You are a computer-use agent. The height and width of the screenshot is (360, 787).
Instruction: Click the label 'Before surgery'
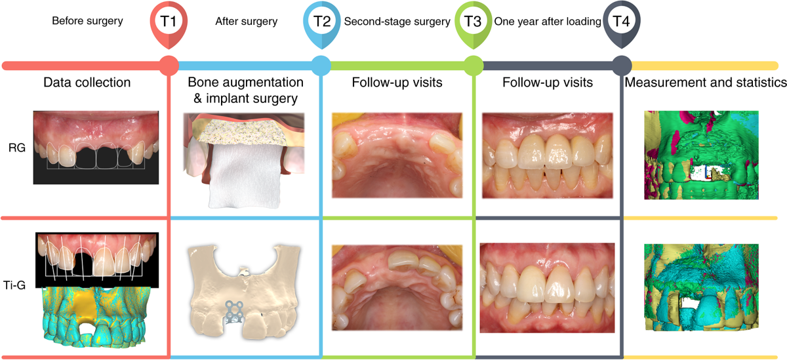(x=87, y=22)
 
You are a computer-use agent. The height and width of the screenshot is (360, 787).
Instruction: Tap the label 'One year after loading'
(x=548, y=22)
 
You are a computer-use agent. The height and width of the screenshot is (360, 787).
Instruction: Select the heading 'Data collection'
(x=87, y=83)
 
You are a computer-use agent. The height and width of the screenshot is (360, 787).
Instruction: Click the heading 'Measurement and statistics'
(x=704, y=83)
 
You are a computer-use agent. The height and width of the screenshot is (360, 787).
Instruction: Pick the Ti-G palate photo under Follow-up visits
(x=395, y=289)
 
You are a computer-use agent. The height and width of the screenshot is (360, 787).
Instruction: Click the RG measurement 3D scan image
(x=702, y=155)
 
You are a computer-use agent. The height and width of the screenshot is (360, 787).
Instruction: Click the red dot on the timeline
(x=169, y=66)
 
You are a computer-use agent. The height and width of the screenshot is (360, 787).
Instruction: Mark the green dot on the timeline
(x=472, y=66)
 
